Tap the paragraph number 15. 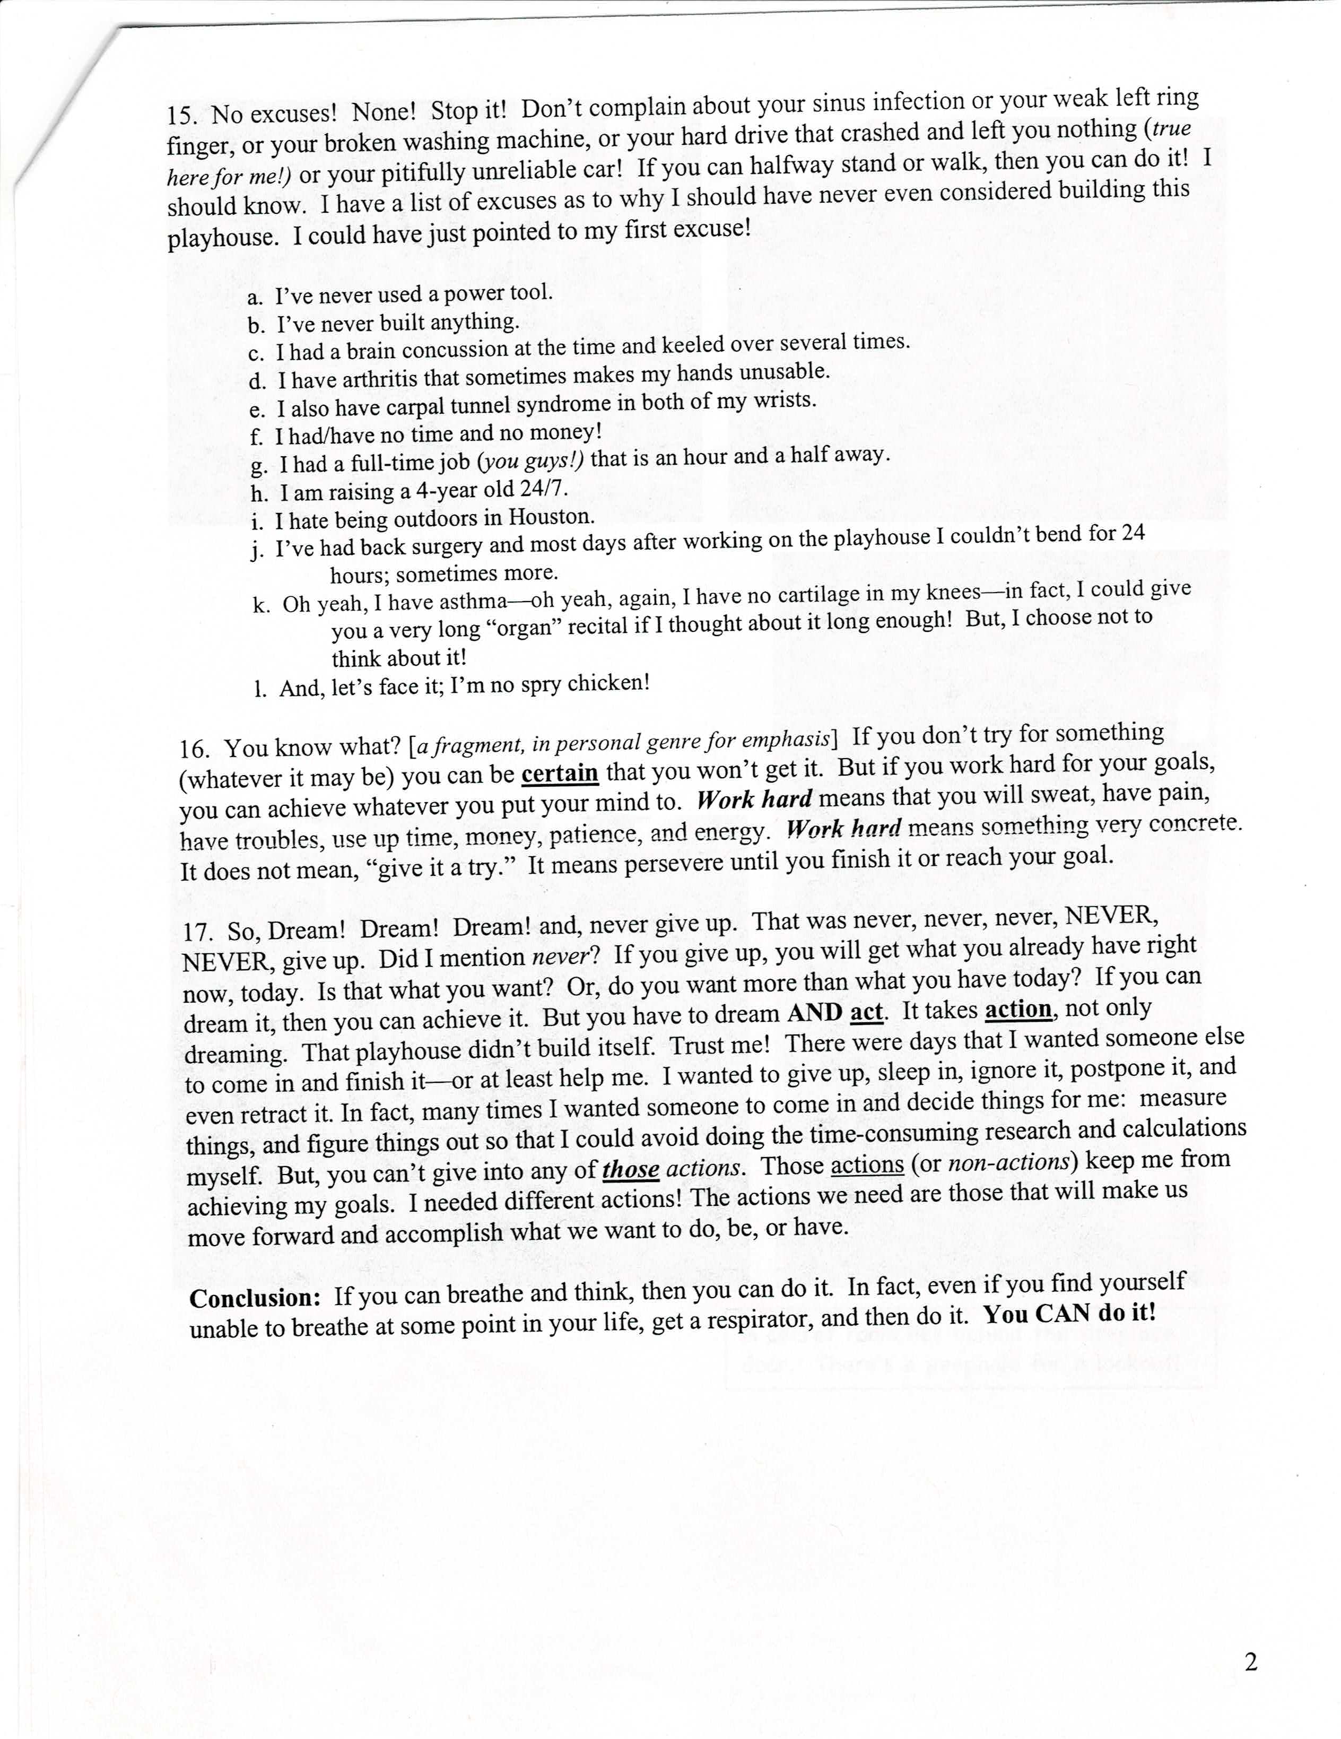(181, 115)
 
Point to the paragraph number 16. (194, 749)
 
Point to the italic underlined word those (631, 1170)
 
